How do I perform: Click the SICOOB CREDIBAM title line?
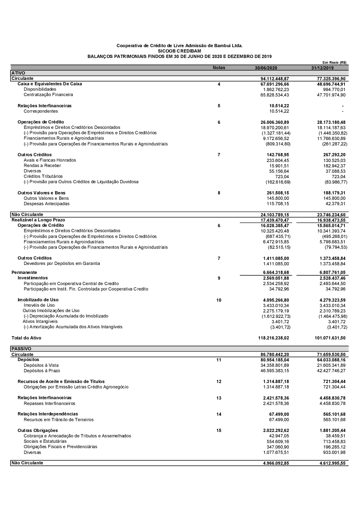179,51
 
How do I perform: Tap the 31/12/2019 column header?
322,68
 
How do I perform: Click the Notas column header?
219,68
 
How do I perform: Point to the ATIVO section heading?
18,73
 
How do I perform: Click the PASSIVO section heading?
21,349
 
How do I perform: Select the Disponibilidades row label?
40,89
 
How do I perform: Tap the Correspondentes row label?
41,111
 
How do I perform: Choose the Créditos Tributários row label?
43,176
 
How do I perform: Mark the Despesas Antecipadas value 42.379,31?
335,204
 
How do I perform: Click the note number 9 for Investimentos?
219,278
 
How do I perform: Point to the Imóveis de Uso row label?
39,305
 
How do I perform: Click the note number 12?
219,382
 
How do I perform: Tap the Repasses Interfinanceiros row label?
50,404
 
